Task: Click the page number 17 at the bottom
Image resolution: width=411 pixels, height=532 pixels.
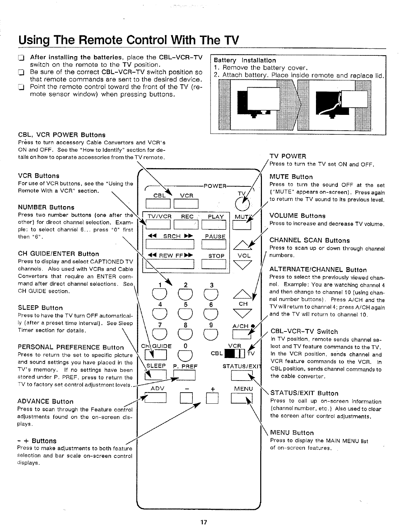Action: [203, 522]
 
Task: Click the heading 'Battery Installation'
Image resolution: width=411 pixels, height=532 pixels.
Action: [245, 60]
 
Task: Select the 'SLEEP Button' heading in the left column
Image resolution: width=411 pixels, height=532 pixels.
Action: [40, 308]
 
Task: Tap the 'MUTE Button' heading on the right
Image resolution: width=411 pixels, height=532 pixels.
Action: [291, 177]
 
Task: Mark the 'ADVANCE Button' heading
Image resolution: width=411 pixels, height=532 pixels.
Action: [45, 402]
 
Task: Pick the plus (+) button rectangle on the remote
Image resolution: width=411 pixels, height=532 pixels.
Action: [212, 398]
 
